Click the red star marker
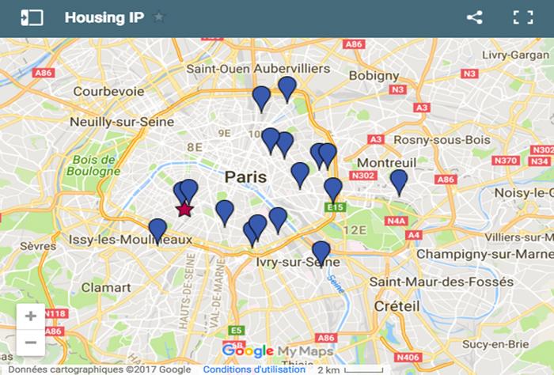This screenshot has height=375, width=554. (x=184, y=209)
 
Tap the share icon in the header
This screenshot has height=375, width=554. (x=474, y=17)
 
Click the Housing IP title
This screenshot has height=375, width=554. (x=104, y=17)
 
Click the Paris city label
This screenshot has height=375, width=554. (x=245, y=176)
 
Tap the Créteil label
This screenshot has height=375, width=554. (x=397, y=305)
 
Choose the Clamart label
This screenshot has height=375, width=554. (x=107, y=287)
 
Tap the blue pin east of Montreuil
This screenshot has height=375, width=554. (x=399, y=181)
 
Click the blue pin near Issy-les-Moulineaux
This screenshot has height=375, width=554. (x=157, y=229)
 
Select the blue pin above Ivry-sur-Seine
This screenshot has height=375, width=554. (x=321, y=252)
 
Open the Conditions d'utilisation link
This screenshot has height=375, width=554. (x=253, y=369)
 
